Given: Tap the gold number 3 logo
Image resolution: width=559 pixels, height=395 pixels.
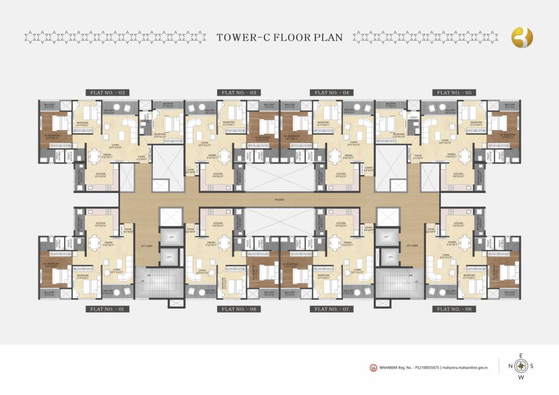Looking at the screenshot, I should click(522, 37).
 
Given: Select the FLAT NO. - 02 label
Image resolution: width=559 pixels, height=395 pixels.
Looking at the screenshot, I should click(107, 93).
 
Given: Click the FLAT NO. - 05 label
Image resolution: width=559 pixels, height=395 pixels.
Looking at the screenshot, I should click(453, 93).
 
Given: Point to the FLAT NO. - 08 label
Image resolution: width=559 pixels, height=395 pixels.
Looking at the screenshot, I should click(238, 309).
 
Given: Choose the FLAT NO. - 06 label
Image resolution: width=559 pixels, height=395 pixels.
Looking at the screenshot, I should click(453, 309).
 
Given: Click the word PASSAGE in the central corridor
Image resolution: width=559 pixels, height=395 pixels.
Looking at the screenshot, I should click(279, 200).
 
